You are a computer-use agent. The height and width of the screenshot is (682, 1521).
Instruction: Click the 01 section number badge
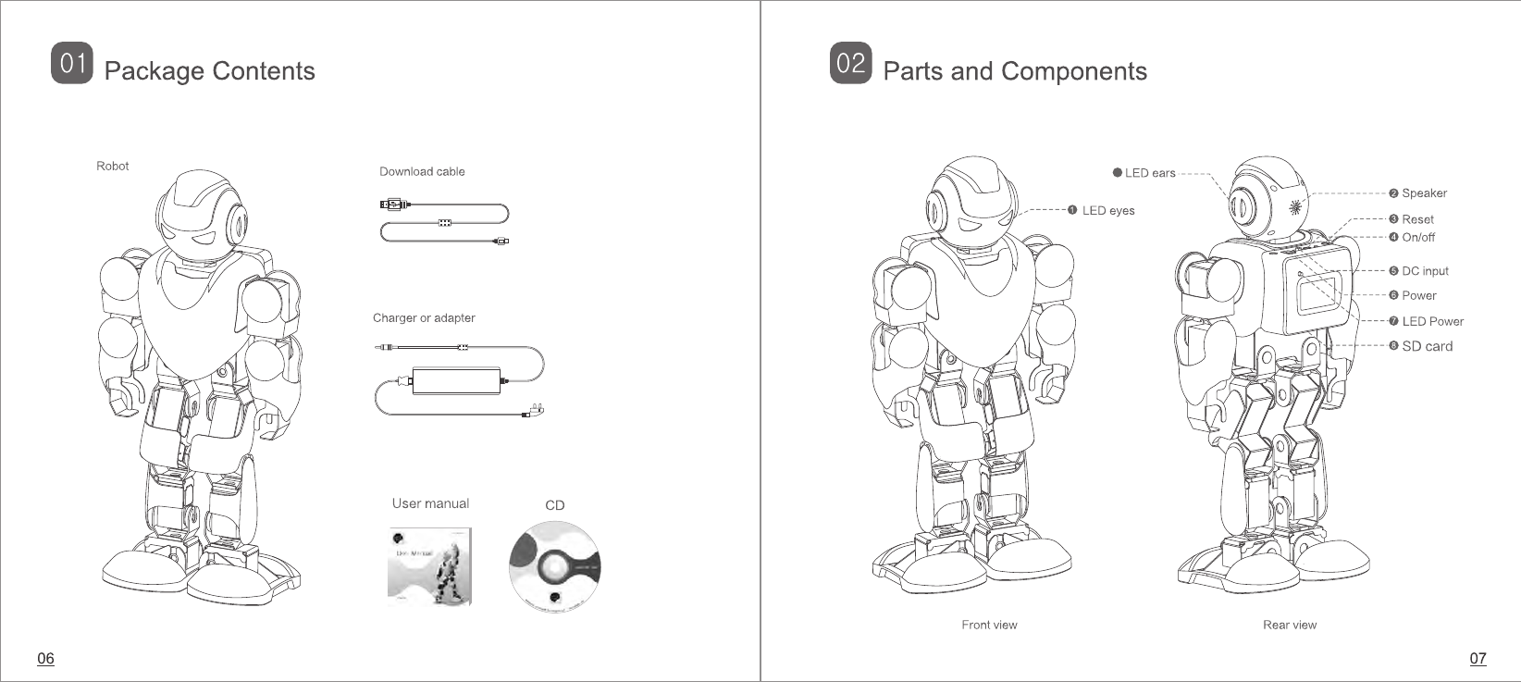click(72, 64)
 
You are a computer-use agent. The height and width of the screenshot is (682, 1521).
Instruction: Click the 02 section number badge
click(850, 64)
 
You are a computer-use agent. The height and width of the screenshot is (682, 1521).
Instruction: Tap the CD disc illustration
click(554, 565)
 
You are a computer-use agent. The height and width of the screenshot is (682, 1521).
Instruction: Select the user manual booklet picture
click(429, 566)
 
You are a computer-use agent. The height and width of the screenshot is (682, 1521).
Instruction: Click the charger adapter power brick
click(455, 380)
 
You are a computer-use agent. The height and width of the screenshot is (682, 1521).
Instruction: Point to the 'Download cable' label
click(422, 171)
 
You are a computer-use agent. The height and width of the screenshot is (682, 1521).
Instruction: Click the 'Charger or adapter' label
click(424, 318)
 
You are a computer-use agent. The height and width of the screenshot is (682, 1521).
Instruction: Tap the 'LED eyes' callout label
click(1107, 211)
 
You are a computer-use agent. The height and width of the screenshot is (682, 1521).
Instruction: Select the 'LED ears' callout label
click(1149, 173)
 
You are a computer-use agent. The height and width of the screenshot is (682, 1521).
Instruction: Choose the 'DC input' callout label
click(1424, 271)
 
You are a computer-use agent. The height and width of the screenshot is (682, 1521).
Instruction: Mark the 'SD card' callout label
click(1427, 346)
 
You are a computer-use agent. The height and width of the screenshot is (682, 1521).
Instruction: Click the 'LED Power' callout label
click(1432, 322)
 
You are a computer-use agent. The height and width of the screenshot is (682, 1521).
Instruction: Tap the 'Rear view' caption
click(1290, 625)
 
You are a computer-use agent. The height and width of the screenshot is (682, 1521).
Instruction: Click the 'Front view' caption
click(989, 625)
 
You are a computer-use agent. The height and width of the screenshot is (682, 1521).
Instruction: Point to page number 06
click(45, 659)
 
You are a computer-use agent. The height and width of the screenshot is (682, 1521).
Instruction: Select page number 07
click(1478, 659)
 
